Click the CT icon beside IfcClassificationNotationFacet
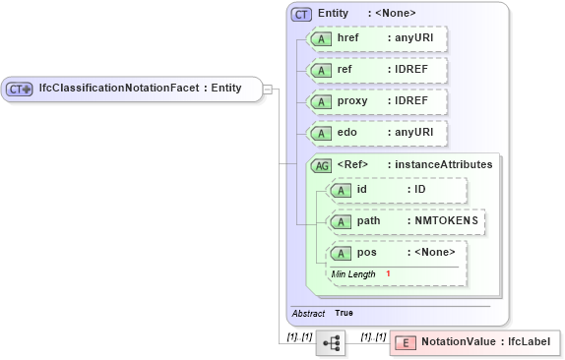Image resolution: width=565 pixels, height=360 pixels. click(x=20, y=88)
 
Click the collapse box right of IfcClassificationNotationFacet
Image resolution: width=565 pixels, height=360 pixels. click(x=267, y=89)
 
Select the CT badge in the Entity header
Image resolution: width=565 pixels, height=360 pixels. click(x=301, y=14)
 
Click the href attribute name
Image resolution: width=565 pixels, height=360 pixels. click(x=347, y=38)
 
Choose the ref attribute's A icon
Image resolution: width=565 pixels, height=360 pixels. click(x=320, y=70)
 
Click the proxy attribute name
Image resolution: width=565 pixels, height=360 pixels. click(x=352, y=100)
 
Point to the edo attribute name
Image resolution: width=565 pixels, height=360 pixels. click(x=346, y=131)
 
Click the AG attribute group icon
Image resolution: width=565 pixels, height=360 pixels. click(x=321, y=165)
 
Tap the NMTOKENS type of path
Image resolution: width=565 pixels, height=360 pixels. click(x=447, y=220)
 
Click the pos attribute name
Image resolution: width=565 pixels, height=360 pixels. click(x=366, y=252)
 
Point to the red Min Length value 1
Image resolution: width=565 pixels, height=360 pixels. click(x=389, y=273)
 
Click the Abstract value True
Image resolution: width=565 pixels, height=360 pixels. click(x=344, y=313)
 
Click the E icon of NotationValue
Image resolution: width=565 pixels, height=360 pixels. click(x=405, y=342)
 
